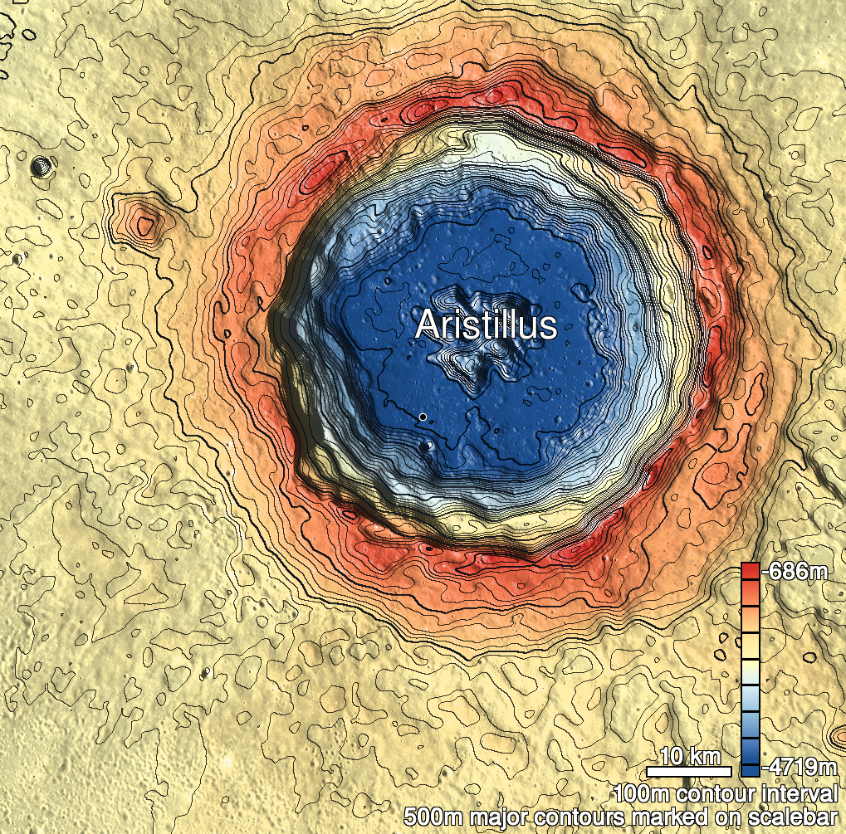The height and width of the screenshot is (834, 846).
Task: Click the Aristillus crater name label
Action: click(486, 324)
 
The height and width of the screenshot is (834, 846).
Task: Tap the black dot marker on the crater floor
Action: click(423, 416)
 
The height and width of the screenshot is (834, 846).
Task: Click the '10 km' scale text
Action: click(689, 756)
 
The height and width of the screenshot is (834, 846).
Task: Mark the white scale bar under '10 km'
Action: click(689, 772)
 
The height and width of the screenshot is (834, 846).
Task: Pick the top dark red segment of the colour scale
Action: click(750, 571)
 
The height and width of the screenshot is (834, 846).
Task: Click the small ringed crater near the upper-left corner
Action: click(39, 167)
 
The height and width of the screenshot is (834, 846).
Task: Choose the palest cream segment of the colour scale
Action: click(750, 669)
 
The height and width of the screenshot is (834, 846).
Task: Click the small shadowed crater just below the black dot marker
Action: click(427, 446)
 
